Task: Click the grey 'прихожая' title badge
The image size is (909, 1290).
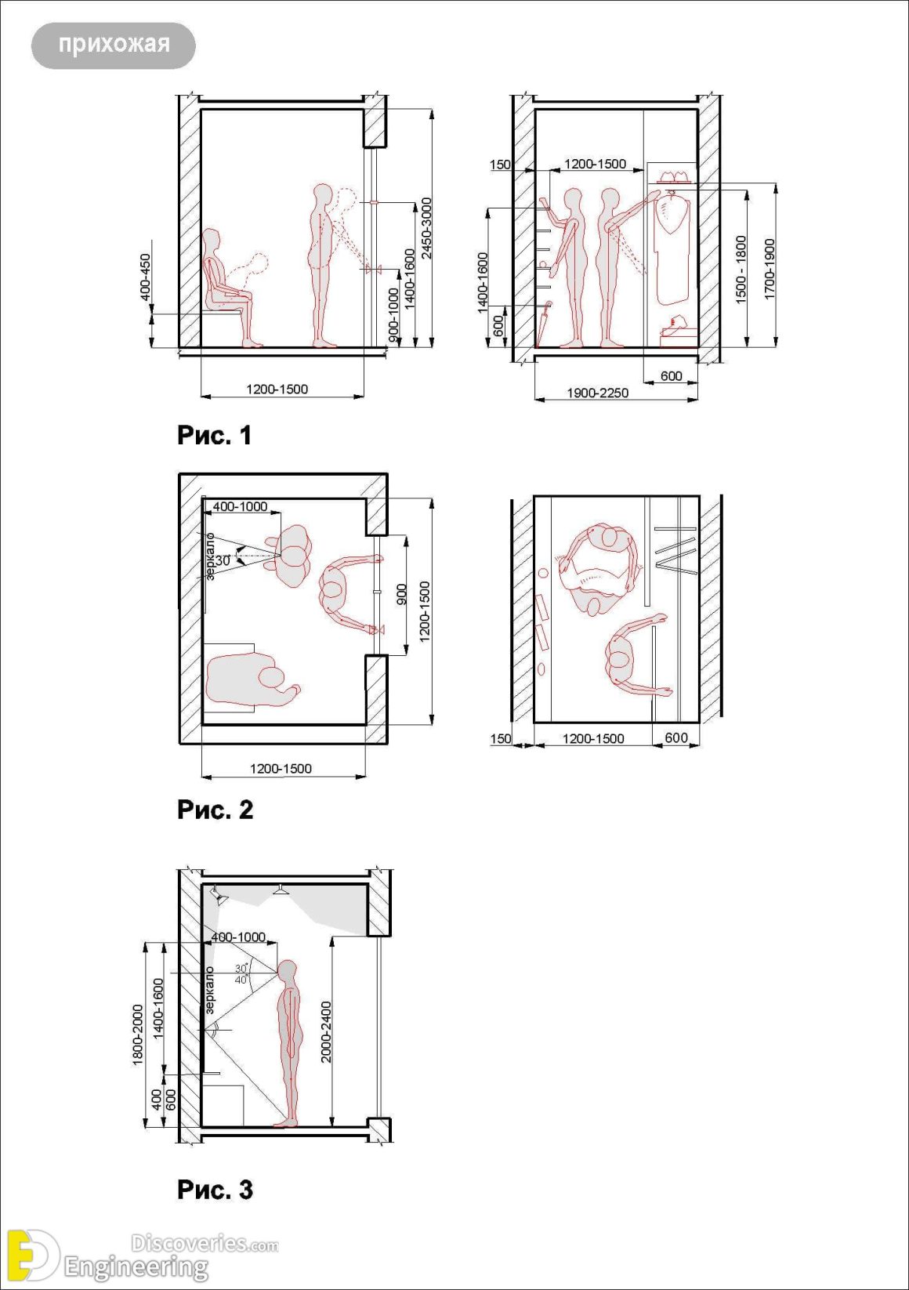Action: [114, 45]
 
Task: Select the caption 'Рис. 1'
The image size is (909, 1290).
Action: [215, 435]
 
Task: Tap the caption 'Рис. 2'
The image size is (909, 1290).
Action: [215, 810]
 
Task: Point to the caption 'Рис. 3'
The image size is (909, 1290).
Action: [215, 1190]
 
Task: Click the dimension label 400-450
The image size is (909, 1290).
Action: [146, 277]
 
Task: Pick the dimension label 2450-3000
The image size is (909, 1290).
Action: [426, 227]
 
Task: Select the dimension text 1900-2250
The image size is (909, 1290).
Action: [597, 393]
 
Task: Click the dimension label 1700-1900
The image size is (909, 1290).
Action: [770, 269]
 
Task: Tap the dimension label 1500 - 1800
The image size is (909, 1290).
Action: [741, 269]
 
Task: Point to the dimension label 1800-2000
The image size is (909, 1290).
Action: [139, 1035]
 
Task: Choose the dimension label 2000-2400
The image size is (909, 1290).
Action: [326, 1031]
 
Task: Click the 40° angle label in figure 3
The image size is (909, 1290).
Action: [241, 980]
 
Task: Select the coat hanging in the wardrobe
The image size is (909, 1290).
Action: [672, 247]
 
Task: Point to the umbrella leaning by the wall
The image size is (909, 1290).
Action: [543, 325]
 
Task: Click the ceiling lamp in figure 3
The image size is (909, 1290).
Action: [280, 890]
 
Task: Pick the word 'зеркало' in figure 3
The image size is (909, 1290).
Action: [209, 990]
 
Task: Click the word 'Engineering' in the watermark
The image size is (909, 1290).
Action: [136, 1266]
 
